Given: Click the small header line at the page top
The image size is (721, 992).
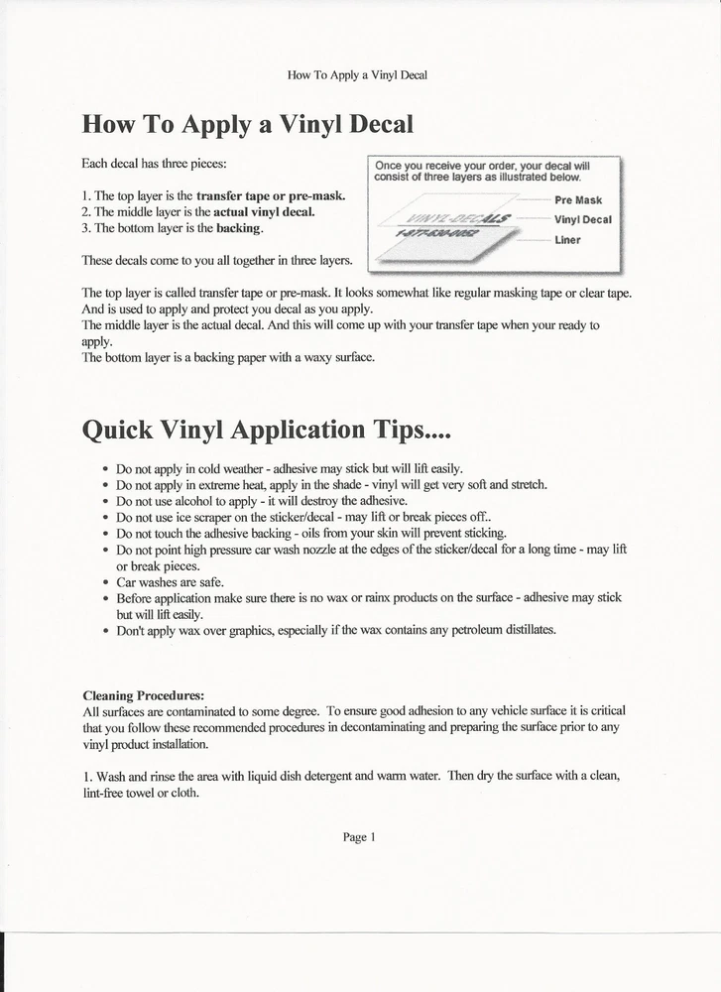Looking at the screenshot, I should (357, 74).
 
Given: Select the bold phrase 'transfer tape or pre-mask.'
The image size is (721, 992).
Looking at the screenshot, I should (271, 195).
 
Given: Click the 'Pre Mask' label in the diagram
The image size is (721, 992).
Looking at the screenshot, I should (578, 199).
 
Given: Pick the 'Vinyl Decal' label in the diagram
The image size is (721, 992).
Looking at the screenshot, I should (582, 219).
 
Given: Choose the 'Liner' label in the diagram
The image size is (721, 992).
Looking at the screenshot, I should (567, 240).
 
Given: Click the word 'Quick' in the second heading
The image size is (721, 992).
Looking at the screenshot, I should (118, 430).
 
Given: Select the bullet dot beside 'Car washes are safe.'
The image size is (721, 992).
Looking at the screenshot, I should (105, 582).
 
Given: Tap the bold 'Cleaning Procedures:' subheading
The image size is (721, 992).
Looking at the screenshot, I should (143, 694).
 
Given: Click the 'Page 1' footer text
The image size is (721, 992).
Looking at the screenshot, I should (359, 837).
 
